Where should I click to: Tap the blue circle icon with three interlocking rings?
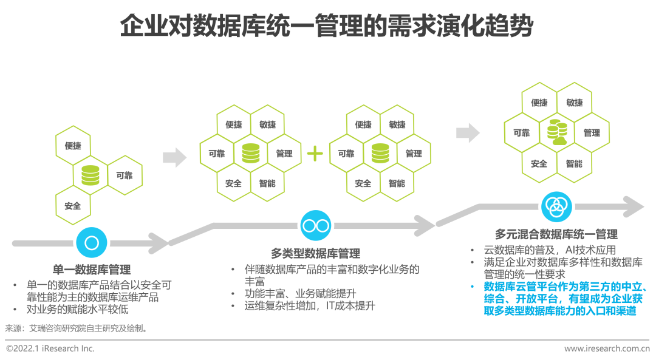coord(556,208)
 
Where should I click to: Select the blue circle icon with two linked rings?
coord(315,226)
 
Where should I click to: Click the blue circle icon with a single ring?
coord(92,243)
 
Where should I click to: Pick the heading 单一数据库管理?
coord(92,270)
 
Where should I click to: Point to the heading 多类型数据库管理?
coord(315,253)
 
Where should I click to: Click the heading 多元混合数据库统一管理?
coord(556,234)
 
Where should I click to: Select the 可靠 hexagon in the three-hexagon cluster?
coord(125,176)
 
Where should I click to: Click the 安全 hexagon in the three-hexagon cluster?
coord(73,206)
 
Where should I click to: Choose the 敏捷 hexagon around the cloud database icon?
coord(574,103)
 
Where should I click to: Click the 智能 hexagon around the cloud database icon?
coord(574,163)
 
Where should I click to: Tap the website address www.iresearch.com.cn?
coord(607,348)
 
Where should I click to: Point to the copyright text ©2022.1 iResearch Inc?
coord(50,348)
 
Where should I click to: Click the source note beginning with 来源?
coord(77,328)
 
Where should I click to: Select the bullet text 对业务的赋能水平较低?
coord(78,310)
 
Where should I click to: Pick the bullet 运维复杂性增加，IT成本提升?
coord(310,306)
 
